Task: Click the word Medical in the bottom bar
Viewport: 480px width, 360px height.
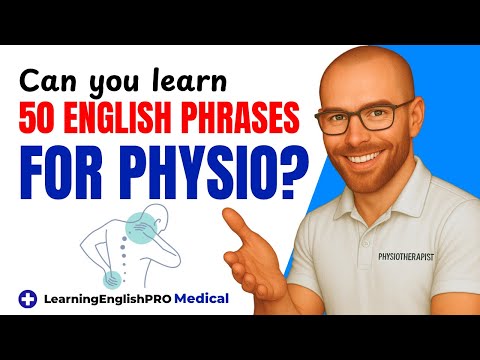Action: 197,297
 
